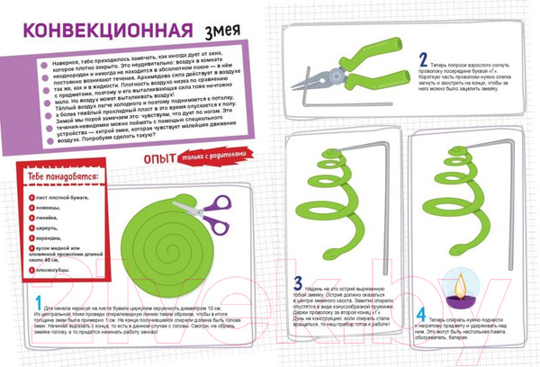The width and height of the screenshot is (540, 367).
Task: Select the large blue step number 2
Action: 423,62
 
